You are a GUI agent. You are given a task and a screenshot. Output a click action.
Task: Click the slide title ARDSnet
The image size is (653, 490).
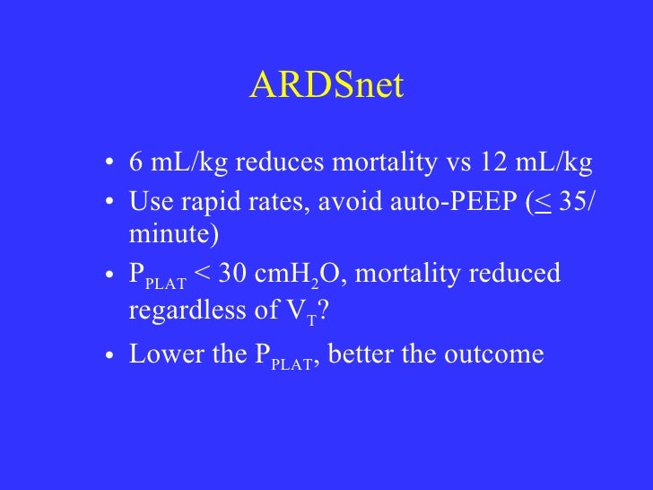pos(326,86)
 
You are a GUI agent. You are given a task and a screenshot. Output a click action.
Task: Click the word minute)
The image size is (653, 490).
pos(174,234)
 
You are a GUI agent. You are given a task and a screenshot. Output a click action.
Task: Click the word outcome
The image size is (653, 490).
pos(498,353)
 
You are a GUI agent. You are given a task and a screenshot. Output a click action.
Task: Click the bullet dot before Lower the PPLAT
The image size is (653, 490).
pos(109,354)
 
